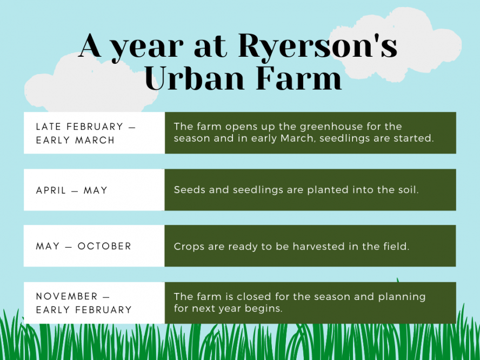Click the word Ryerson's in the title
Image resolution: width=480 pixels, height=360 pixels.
click(x=317, y=47)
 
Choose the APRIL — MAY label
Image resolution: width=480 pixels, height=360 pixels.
click(x=72, y=190)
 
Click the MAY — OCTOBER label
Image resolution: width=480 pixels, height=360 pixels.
click(x=84, y=246)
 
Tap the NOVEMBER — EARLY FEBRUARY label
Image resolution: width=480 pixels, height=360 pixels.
click(x=84, y=303)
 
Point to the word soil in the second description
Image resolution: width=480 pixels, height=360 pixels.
click(x=392, y=190)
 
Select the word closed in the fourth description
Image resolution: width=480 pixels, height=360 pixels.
click(x=256, y=297)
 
